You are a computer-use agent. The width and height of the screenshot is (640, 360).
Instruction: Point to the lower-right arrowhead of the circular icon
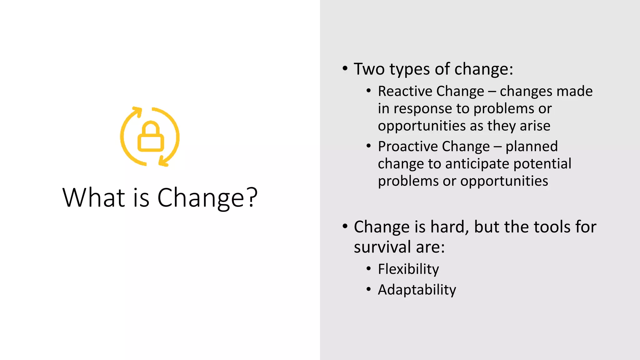(x=164, y=162)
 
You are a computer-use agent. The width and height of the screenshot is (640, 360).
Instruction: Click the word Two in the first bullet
(x=369, y=69)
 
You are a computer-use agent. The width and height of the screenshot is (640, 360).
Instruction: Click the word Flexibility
(x=408, y=269)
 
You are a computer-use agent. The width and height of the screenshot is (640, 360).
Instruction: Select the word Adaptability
(x=417, y=290)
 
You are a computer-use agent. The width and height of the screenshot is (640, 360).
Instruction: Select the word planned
(x=532, y=147)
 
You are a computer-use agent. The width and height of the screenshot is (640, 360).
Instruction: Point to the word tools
(x=552, y=227)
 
